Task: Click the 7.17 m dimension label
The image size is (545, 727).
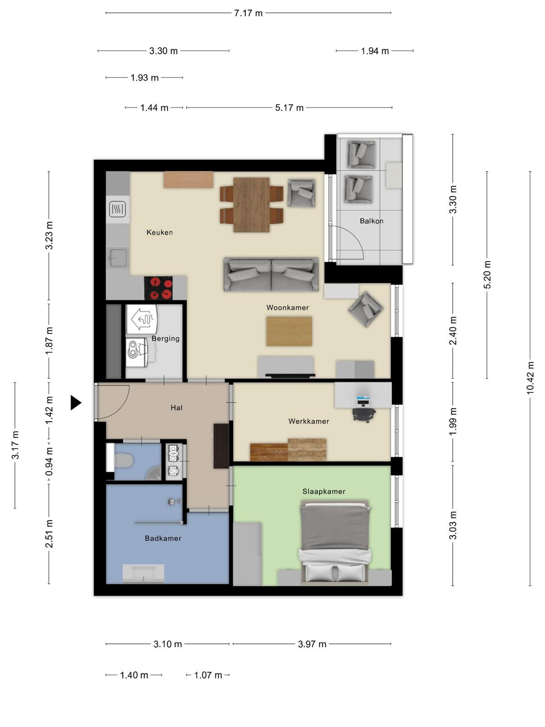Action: click(248, 13)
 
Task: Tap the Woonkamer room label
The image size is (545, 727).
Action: click(287, 307)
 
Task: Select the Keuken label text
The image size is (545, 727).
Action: click(159, 232)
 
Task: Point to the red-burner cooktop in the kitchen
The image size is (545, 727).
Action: click(158, 288)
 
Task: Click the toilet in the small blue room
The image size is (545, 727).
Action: click(124, 460)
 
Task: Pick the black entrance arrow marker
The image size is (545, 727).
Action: click(76, 403)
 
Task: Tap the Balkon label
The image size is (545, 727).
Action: click(372, 221)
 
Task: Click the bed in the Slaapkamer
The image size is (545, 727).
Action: click(335, 543)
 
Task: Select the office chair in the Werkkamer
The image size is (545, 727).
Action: click(364, 414)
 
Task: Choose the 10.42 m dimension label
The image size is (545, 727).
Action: click(530, 378)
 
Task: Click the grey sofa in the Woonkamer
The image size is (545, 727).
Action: click(271, 274)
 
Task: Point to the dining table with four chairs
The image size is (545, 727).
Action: click(252, 204)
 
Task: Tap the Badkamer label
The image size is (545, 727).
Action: click(163, 538)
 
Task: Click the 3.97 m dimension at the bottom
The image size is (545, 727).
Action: click(312, 644)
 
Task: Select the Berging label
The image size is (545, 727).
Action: click(165, 339)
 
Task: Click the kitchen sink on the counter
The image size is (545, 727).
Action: click(118, 257)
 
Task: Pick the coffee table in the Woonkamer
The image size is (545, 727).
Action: click(289, 331)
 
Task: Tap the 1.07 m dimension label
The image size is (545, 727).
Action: click(208, 675)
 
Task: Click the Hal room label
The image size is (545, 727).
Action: click(176, 408)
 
